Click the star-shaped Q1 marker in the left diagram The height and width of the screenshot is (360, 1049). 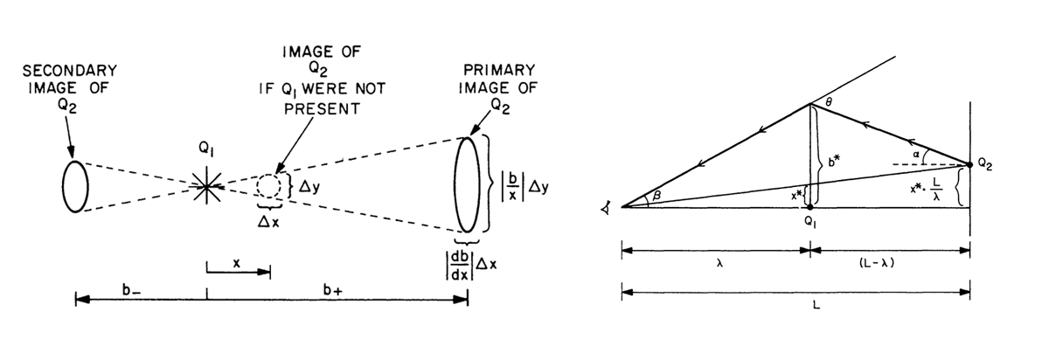tap(206, 183)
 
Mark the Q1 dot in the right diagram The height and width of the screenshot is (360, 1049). tap(811, 207)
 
